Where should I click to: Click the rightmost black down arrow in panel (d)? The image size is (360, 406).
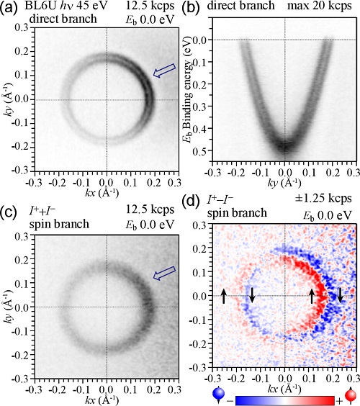pos(341,295)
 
